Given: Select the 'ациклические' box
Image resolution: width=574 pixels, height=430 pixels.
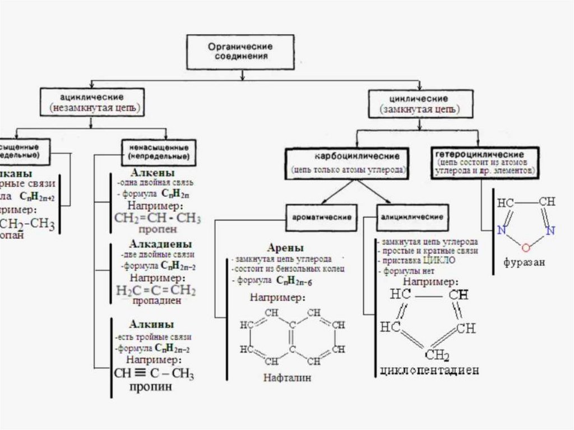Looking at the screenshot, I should click(93, 101).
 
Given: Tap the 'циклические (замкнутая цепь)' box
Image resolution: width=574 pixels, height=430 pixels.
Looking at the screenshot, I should click(414, 104).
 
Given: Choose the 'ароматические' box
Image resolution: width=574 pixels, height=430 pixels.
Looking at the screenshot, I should click(321, 216).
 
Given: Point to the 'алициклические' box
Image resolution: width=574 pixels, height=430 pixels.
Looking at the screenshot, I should click(413, 216).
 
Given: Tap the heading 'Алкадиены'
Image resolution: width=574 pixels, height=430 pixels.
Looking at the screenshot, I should click(160, 244).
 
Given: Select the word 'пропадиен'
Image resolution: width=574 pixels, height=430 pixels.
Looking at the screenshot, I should click(156, 300).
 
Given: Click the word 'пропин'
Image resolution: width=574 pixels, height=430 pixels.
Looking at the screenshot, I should click(151, 387).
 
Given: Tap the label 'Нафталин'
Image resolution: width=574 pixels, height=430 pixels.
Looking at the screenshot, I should click(287, 378).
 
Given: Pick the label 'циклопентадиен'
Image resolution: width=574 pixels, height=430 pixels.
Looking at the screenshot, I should click(429, 371).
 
